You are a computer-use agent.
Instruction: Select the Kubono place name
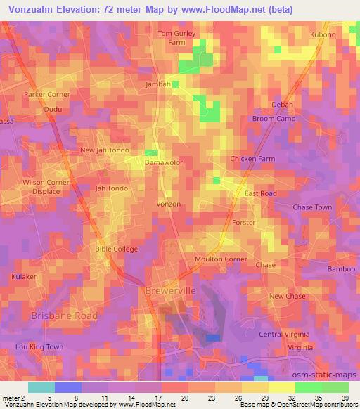click(323, 34)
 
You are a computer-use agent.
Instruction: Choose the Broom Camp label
click(274, 119)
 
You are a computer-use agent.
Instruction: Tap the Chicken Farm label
click(252, 159)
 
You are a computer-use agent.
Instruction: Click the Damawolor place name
click(164, 162)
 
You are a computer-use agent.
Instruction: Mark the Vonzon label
click(169, 204)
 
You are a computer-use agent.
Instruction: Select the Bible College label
click(116, 249)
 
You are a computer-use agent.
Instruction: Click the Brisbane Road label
click(64, 316)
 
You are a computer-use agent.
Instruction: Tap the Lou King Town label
click(39, 347)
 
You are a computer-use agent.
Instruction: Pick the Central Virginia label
click(285, 334)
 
